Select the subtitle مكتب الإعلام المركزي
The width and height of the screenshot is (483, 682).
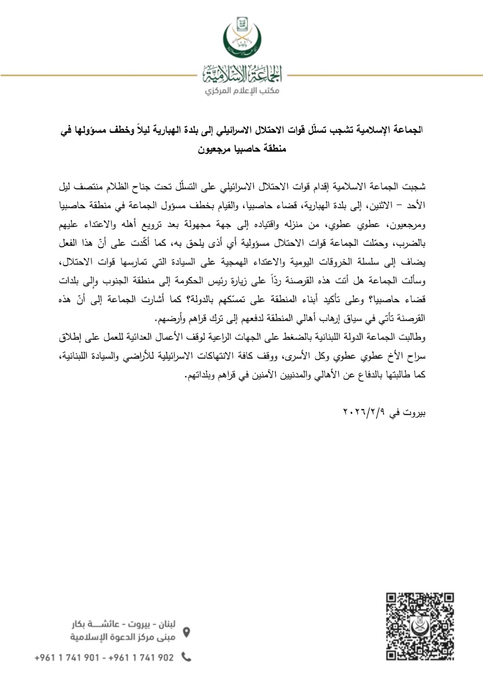tap(242, 91)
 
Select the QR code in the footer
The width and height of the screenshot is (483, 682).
tap(420, 626)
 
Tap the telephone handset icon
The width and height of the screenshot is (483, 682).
tap(186, 657)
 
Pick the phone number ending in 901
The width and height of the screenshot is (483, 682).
tap(67, 657)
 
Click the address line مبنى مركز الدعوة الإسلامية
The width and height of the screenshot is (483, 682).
tap(124, 637)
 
